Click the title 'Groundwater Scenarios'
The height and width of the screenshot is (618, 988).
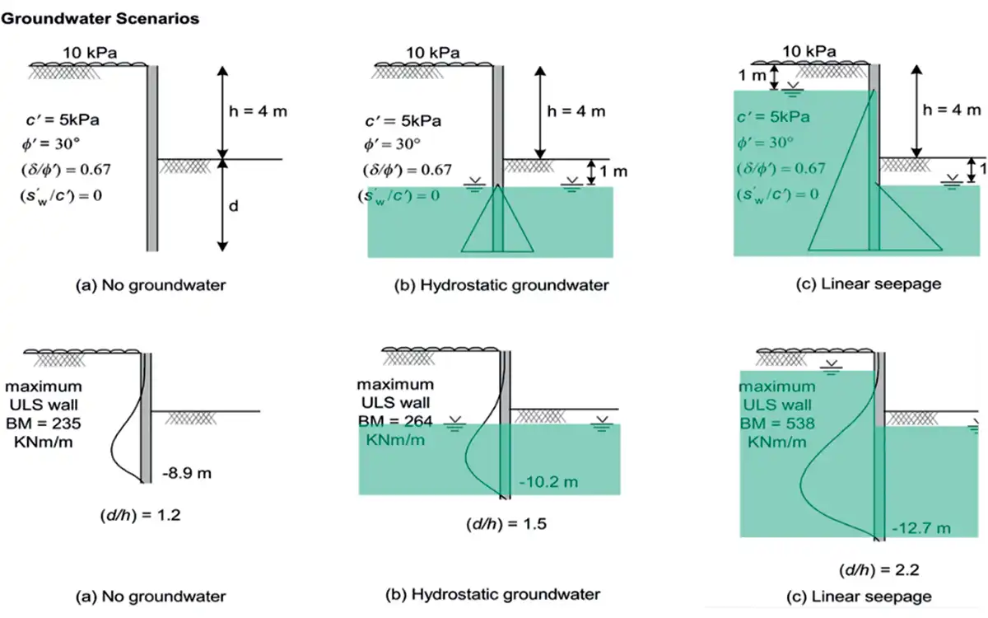point(101,18)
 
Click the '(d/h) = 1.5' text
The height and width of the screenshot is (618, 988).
point(506,524)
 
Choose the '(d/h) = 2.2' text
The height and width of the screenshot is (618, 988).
point(871,569)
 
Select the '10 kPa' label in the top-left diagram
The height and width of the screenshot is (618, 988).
point(90,54)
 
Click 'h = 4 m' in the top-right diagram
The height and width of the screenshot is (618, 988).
point(952,110)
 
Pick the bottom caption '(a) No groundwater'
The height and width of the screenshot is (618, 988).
point(151,596)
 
